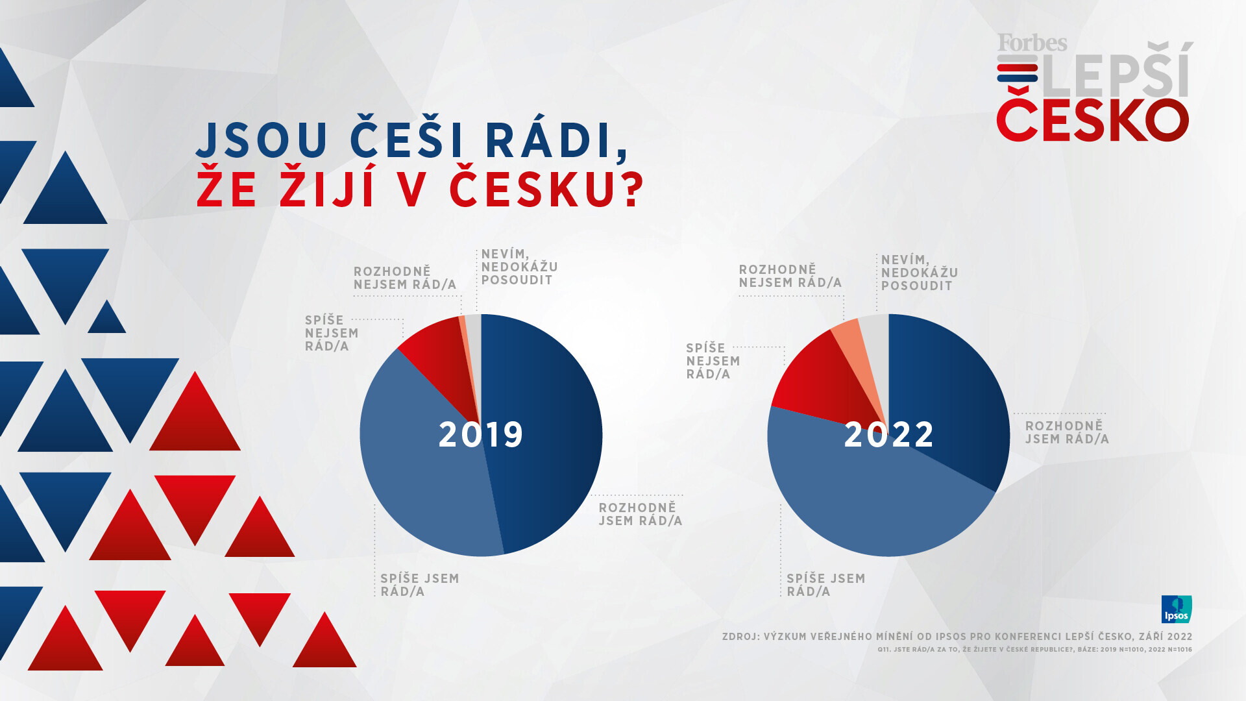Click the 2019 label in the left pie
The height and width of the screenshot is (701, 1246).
[x=481, y=434]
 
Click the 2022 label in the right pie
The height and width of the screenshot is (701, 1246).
[x=888, y=434]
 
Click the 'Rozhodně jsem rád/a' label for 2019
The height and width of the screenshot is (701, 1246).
[x=640, y=514]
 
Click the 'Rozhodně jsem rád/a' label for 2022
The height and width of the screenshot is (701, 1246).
[x=1067, y=432]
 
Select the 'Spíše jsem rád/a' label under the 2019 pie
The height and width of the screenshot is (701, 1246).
[x=419, y=585]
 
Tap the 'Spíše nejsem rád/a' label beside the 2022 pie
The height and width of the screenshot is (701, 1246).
[x=713, y=361]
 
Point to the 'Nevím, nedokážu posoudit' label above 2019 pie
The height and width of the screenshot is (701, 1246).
[x=519, y=267]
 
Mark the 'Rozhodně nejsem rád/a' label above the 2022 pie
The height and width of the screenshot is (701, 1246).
[x=790, y=276]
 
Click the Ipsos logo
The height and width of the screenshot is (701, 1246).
[x=1177, y=609]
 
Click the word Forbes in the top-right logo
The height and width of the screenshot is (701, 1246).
[x=1032, y=43]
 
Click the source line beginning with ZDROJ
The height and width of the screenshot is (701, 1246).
[x=957, y=637]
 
